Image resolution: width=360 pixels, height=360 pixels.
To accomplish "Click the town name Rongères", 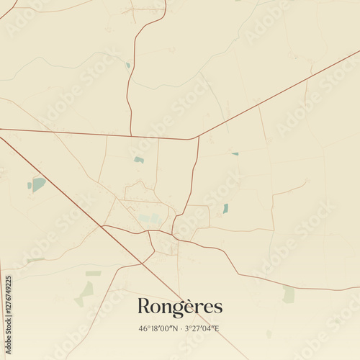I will pos(180,307).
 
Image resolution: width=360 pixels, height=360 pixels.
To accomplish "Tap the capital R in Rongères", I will pos(143,306).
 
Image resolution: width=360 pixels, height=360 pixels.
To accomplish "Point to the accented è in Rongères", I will pos(196,307).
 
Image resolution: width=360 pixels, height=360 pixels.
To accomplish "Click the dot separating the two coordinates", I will pos(180,328).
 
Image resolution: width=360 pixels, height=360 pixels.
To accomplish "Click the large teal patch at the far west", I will pos(37,184).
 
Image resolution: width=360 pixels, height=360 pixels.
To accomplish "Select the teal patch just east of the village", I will pos(225,208).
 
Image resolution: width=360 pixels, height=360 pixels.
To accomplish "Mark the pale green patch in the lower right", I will pos(289,294).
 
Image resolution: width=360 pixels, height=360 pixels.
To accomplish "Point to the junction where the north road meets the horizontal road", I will pos(130,135).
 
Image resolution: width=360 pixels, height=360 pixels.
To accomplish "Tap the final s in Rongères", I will pos(218,307).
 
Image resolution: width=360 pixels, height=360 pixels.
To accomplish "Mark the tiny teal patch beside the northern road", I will pos(128,65).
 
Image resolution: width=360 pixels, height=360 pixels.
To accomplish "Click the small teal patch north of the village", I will pos(139,160).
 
